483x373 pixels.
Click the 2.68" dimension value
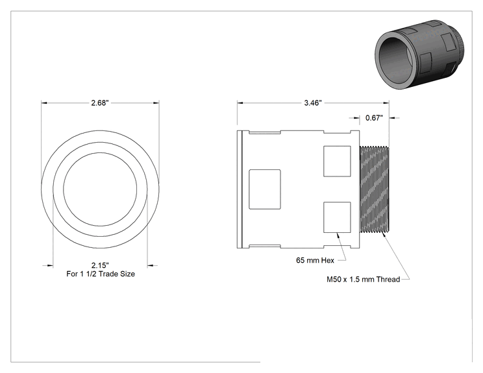pos(100,102)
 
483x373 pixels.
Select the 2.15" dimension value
pos(100,265)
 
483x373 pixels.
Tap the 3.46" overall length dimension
pos(313,102)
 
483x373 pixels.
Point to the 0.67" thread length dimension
pos(375,117)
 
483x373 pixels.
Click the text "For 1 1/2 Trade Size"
pos(101,274)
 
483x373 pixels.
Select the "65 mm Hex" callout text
pos(315,260)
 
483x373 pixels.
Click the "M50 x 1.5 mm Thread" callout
pos(363,280)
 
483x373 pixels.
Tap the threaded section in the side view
pos(375,189)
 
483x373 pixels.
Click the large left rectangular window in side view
pos(265,189)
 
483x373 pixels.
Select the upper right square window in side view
pos(337,162)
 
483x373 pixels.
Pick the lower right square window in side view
pos(337,217)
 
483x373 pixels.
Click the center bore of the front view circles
pos(100,189)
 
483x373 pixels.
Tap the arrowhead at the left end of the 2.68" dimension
pos(44,102)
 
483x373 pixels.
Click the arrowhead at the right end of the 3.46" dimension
pos(386,102)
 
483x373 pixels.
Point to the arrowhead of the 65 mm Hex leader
pos(338,235)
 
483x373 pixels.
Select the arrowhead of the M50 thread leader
pos(384,235)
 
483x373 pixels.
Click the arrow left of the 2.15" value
pos(48,265)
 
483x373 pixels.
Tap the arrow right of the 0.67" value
pos(394,117)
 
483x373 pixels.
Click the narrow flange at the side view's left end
pos(240,189)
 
